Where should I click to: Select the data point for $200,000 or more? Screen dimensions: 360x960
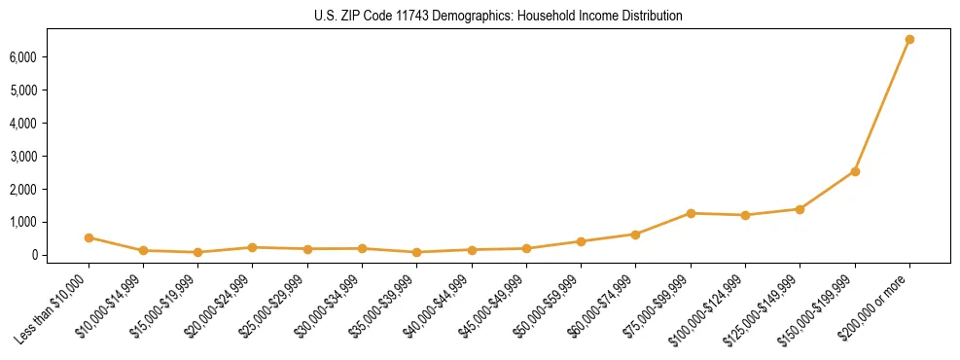(x=909, y=40)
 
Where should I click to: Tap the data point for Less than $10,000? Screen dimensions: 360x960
(x=89, y=237)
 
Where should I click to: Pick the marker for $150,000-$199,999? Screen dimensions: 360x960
(x=855, y=171)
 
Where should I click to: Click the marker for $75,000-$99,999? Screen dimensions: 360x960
(x=691, y=213)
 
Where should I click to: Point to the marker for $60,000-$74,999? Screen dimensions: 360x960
(x=635, y=234)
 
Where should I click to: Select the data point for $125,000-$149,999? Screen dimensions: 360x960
(x=800, y=209)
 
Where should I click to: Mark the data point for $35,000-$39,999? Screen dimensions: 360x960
(x=416, y=252)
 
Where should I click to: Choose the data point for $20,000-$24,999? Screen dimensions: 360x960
(x=253, y=247)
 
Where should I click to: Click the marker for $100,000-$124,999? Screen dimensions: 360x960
(x=745, y=215)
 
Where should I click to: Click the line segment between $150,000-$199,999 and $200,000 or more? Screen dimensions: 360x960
(x=882, y=105)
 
